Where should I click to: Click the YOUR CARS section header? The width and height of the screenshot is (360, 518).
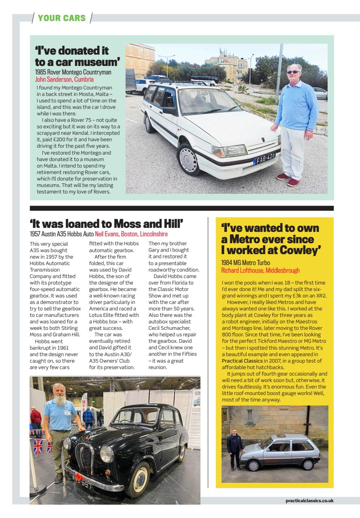pyautogui.click(x=62, y=18)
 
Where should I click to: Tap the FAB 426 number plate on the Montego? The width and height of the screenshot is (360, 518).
pyautogui.click(x=265, y=156)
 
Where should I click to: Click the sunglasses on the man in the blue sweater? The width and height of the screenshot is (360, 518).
pyautogui.click(x=293, y=72)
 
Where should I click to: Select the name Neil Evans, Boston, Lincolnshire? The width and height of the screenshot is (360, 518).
pyautogui.click(x=131, y=234)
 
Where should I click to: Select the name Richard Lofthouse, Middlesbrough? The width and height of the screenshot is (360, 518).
pyautogui.click(x=260, y=270)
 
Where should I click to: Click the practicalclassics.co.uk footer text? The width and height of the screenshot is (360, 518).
pyautogui.click(x=309, y=501)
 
